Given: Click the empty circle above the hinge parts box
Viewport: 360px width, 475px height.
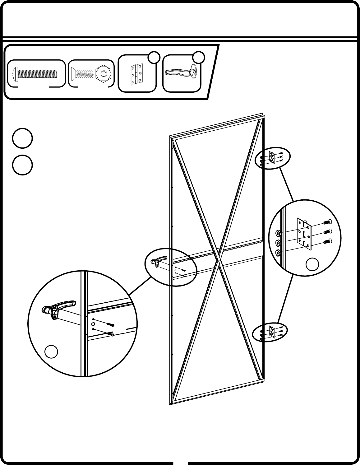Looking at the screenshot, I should coord(154,58).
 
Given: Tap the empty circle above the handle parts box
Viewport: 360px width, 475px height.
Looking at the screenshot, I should coord(199,58).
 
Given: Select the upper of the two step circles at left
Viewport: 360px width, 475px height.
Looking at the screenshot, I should coord(22,138).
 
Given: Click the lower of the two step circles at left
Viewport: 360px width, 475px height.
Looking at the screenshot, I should coord(22,165).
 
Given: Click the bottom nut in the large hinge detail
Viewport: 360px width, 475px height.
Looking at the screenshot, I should coord(279,252).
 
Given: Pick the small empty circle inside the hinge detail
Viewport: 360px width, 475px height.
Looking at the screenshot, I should coord(312,264).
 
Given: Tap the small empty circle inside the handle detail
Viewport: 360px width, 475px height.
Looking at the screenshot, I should coord(51,351).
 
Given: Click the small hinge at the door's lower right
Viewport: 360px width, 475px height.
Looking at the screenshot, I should coord(272,332).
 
